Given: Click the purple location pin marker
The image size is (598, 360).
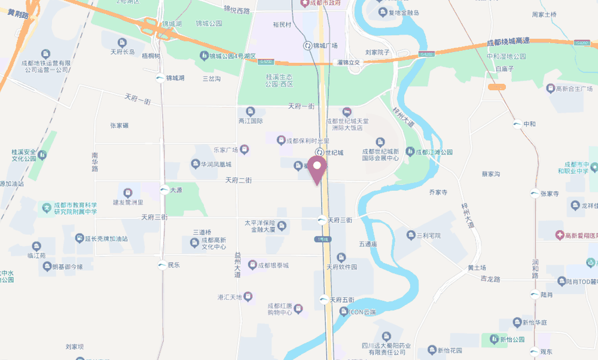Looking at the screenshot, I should pyautogui.click(x=318, y=168).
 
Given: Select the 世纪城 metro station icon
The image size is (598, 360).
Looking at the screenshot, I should pyautogui.click(x=320, y=152).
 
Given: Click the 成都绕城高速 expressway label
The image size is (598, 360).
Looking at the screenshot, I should pyautogui.click(x=508, y=42).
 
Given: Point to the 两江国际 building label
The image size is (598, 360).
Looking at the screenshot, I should pyautogui.click(x=251, y=121).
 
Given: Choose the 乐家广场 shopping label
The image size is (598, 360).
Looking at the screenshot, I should pyautogui.click(x=226, y=150).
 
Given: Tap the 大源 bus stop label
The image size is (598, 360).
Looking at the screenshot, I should pyautogui.click(x=175, y=190).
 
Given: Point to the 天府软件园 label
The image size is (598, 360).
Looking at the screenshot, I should pyautogui.click(x=341, y=267).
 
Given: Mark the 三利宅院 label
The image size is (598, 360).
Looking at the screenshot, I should pyautogui.click(x=428, y=235).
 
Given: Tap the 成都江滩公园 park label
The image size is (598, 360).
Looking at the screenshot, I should pyautogui.click(x=434, y=152).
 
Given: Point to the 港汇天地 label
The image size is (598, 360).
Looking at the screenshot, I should pyautogui.click(x=230, y=297).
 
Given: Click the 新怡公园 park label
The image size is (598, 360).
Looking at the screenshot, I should pyautogui.click(x=511, y=340).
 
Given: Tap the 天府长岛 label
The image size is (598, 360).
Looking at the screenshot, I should pyautogui.click(x=127, y=51).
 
